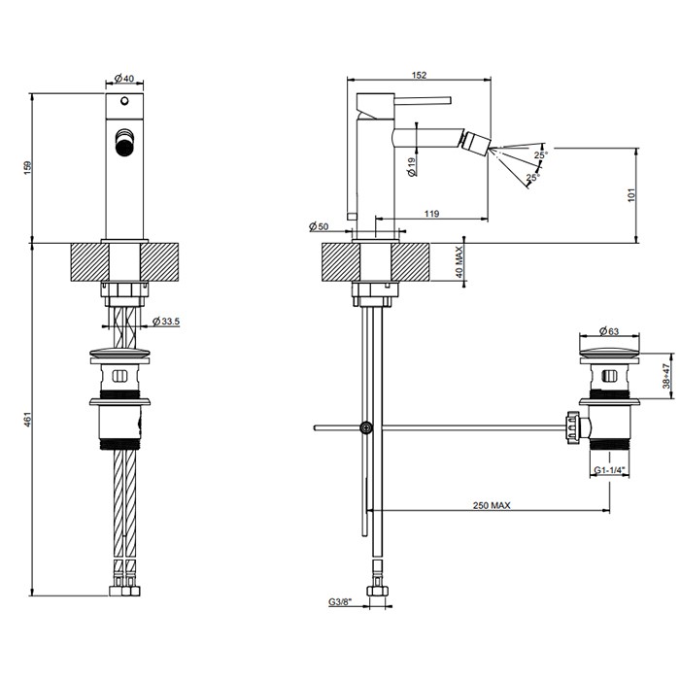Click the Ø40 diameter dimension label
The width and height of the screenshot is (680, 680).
(x=124, y=78)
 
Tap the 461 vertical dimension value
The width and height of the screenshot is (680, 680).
(x=28, y=419)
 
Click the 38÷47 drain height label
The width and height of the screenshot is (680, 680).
(x=666, y=375)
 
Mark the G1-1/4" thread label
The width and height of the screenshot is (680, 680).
(x=610, y=471)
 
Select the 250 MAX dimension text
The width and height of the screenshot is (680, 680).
(x=492, y=505)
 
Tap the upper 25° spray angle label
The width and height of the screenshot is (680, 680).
(x=539, y=153)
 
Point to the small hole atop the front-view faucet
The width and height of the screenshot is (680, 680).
(x=124, y=102)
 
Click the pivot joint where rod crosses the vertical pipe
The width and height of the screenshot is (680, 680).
(x=366, y=426)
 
